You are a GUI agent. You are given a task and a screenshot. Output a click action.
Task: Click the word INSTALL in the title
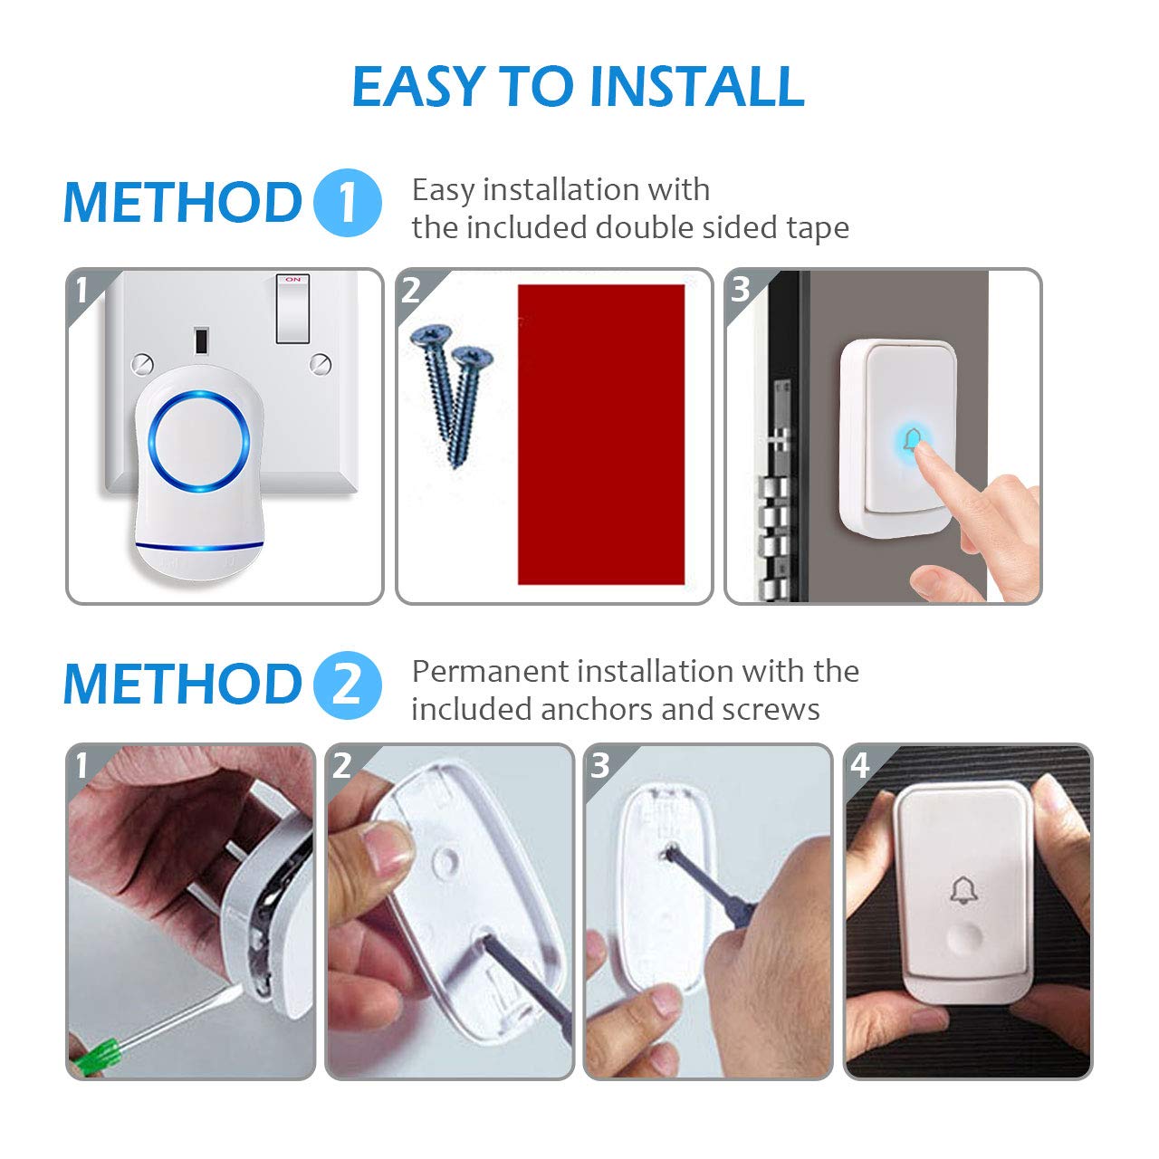click(697, 87)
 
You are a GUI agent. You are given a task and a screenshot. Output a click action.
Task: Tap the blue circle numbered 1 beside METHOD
click(348, 203)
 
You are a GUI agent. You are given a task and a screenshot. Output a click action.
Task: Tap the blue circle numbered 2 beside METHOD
click(348, 685)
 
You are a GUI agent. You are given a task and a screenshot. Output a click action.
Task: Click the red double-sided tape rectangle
click(601, 435)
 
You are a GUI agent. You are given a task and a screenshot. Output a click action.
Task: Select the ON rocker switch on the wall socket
click(292, 310)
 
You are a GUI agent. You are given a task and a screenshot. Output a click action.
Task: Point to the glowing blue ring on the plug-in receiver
click(199, 442)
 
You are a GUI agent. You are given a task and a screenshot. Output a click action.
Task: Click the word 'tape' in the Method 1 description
click(818, 228)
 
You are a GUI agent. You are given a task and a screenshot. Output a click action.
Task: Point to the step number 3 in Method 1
click(741, 290)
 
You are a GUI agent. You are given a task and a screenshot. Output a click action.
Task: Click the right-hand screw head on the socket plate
click(320, 364)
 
